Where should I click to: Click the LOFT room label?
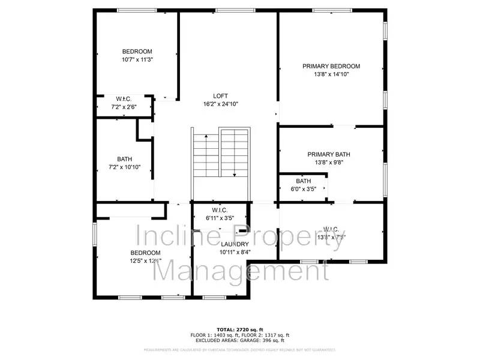(x=221, y=96)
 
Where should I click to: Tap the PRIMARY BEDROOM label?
(x=331, y=66)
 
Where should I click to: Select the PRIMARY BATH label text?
(x=329, y=154)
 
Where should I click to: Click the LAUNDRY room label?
(x=234, y=244)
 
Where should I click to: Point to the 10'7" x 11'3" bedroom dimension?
(x=137, y=59)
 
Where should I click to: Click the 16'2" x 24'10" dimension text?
(x=221, y=104)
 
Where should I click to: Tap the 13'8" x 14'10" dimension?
(x=331, y=74)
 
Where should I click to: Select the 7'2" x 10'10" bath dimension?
(x=125, y=167)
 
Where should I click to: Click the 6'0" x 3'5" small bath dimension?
(x=304, y=189)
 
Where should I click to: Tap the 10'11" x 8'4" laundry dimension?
(x=234, y=253)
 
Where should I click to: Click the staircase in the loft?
(x=220, y=153)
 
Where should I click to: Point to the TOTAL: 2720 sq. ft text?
(x=240, y=330)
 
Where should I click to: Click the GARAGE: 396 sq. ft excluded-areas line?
(x=240, y=340)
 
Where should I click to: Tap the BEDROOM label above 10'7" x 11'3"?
(x=137, y=52)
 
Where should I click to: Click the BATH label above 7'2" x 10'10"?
(x=125, y=159)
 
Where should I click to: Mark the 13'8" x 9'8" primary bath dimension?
(x=329, y=163)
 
